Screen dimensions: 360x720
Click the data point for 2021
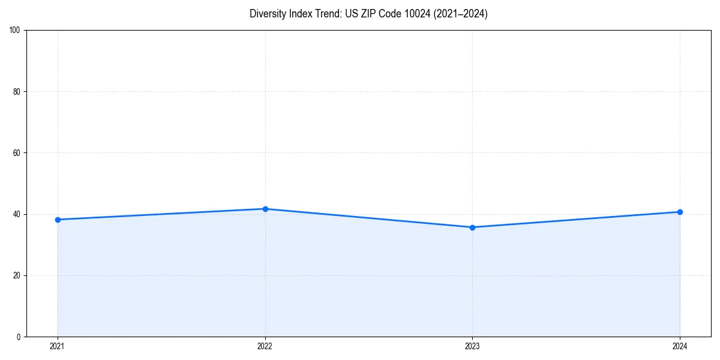click(x=58, y=220)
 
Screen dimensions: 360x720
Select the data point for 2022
click(x=265, y=209)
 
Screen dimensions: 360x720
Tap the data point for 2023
click(x=472, y=227)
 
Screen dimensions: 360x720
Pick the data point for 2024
click(x=680, y=212)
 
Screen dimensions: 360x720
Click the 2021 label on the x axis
click(x=58, y=346)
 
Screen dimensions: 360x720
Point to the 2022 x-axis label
click(x=265, y=346)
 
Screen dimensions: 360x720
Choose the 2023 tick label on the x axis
click(x=472, y=346)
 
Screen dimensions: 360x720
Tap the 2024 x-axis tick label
click(x=680, y=346)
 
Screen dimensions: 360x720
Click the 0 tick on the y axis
click(x=19, y=337)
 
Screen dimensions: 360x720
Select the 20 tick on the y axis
click(x=17, y=275)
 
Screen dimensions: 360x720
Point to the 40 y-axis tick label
click(x=17, y=214)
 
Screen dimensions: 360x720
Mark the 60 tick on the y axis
click(x=17, y=153)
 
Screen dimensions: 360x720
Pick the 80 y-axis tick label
click(x=17, y=92)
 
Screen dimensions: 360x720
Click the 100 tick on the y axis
click(x=15, y=31)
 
